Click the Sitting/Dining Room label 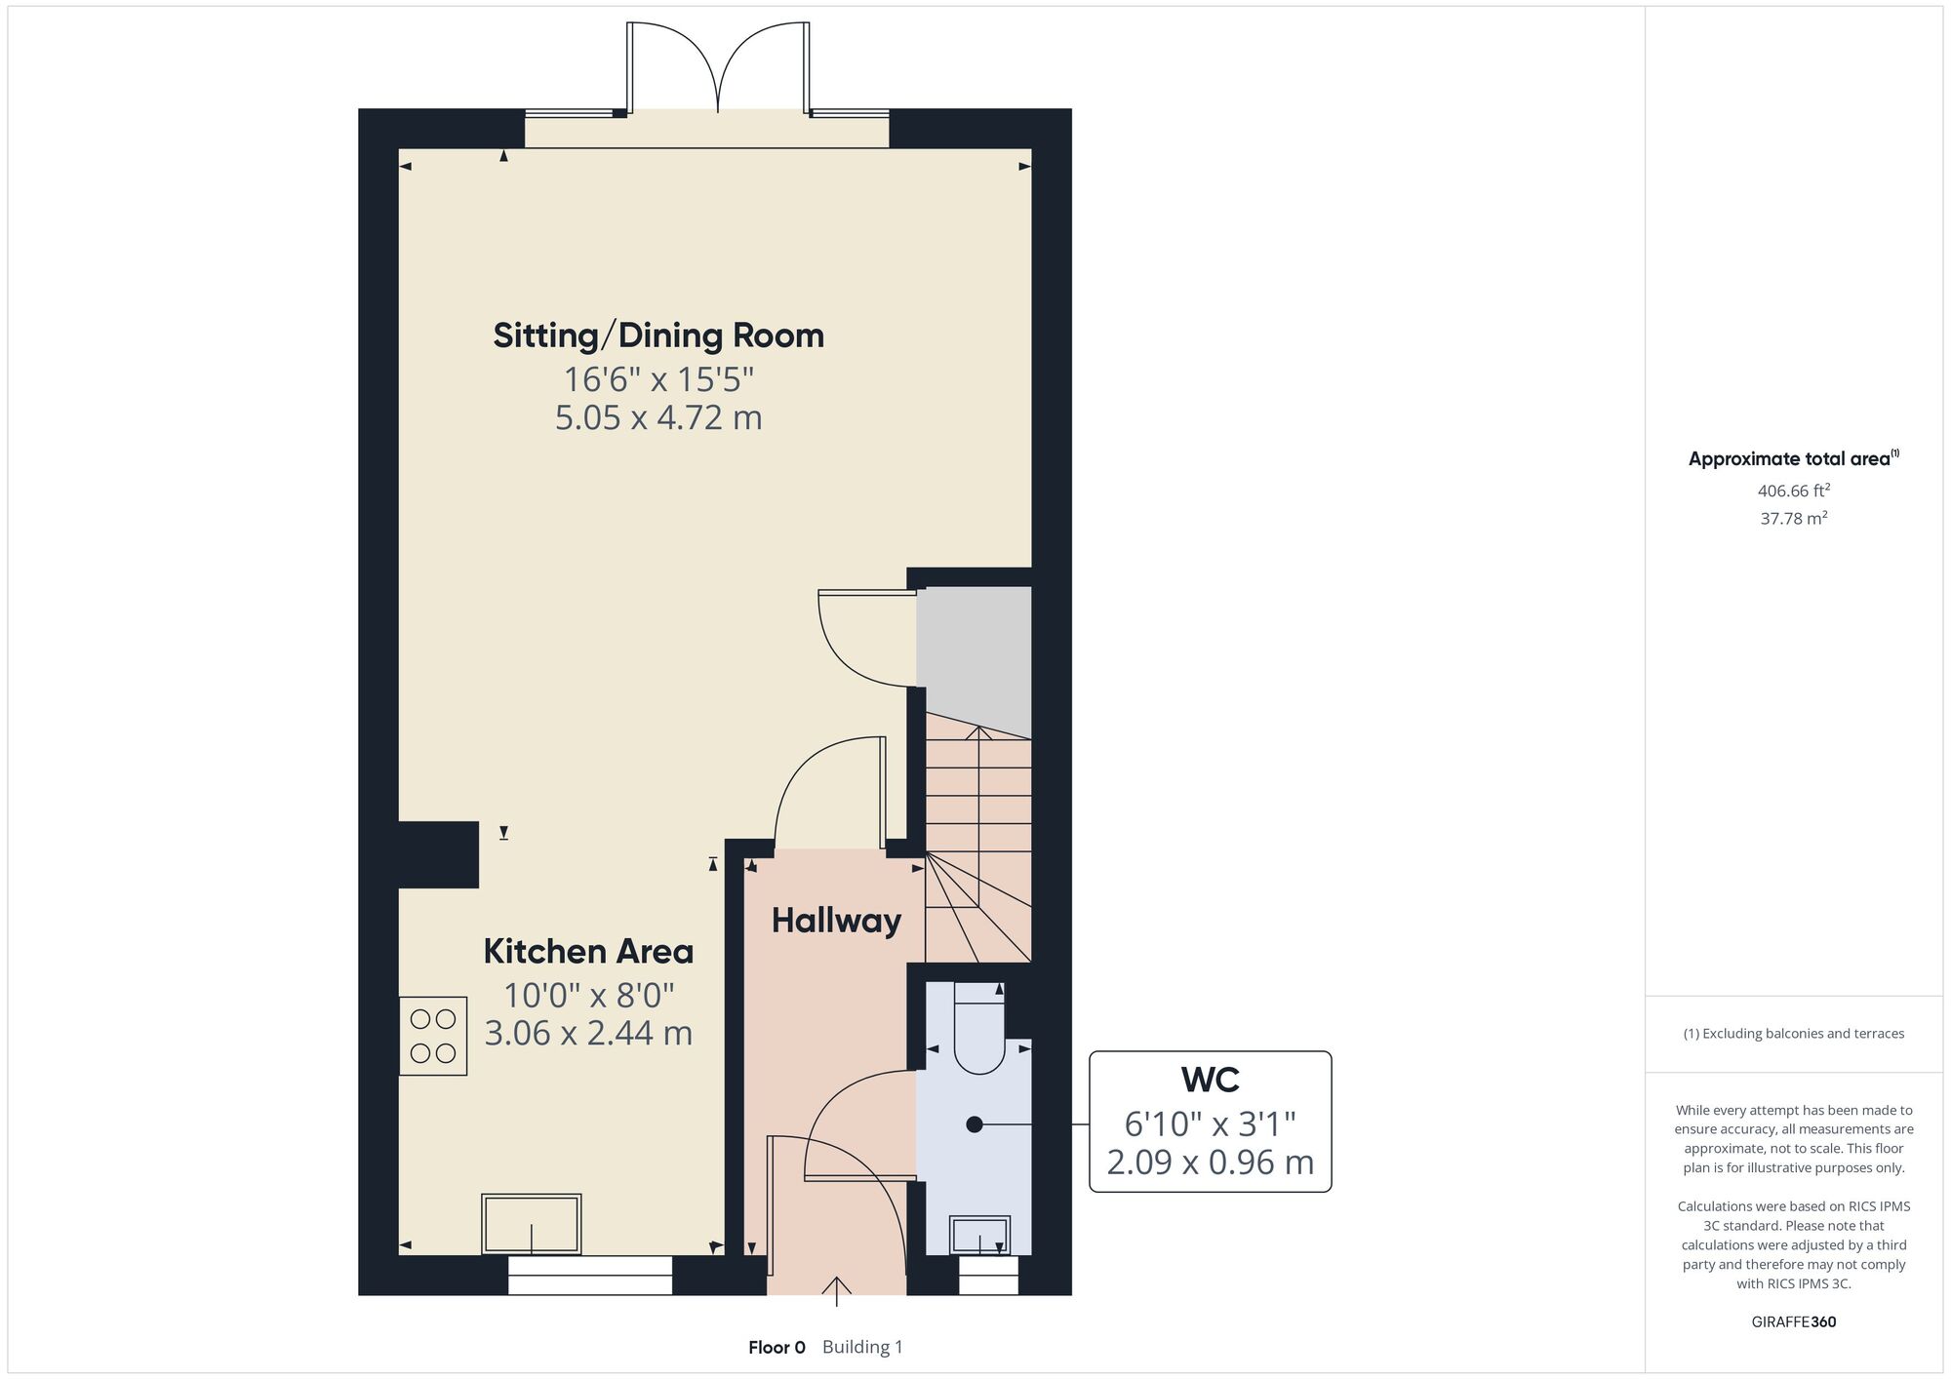click(658, 335)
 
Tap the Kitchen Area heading click(588, 951)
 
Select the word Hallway click(836, 921)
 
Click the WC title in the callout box click(1210, 1080)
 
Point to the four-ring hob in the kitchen click(433, 1036)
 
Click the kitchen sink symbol click(532, 1224)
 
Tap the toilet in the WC click(978, 1028)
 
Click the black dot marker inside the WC click(974, 1124)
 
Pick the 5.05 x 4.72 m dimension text click(658, 417)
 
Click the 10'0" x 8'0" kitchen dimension click(588, 995)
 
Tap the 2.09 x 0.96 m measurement click(1210, 1162)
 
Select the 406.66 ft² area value click(1793, 491)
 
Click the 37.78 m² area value click(1793, 518)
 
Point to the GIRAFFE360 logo click(1793, 1321)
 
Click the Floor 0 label click(776, 1347)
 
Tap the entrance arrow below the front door click(836, 1290)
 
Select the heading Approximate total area click(1793, 458)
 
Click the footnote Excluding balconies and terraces click(1793, 1033)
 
